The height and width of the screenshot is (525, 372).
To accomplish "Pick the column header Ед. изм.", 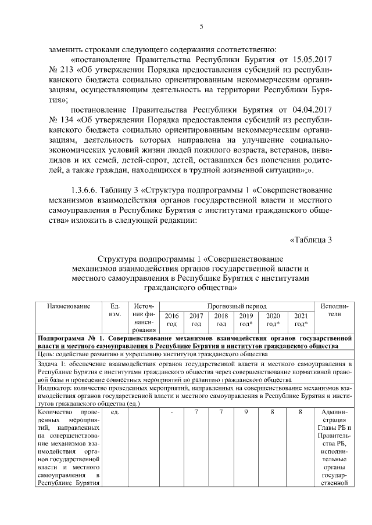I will [115, 310].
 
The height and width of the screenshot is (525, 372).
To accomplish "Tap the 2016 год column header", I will [172, 320].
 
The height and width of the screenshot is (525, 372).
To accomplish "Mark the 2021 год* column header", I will [301, 320].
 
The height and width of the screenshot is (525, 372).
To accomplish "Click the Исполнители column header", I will [334, 310].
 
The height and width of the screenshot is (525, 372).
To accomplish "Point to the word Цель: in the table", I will [46, 353].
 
